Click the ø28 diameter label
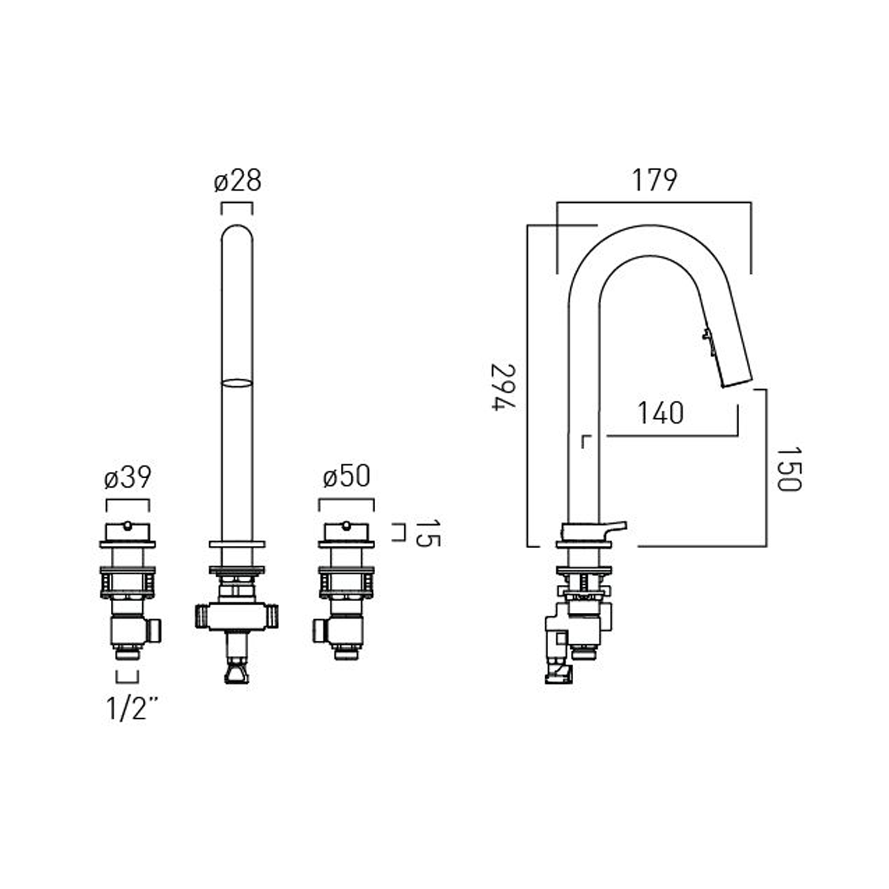[x=237, y=180]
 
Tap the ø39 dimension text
[x=127, y=477]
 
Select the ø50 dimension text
[x=347, y=476]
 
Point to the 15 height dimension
[x=428, y=533]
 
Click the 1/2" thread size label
[x=132, y=708]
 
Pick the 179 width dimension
[x=654, y=180]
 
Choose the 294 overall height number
[x=504, y=386]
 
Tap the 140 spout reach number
[x=660, y=412]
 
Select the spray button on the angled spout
[x=707, y=336]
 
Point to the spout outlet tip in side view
[x=737, y=383]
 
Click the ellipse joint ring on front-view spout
[x=237, y=383]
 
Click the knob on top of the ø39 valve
[x=127, y=525]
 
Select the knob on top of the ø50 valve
[x=347, y=525]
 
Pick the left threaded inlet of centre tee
[x=202, y=616]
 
